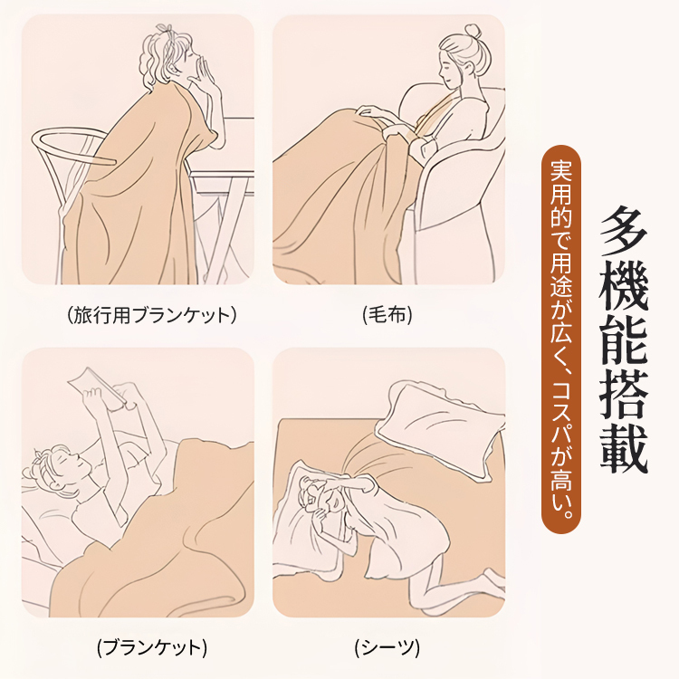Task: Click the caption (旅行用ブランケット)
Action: [x=152, y=315]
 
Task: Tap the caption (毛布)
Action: [x=387, y=315]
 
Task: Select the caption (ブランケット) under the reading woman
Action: [x=152, y=647]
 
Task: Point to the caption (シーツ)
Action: [x=387, y=647]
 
